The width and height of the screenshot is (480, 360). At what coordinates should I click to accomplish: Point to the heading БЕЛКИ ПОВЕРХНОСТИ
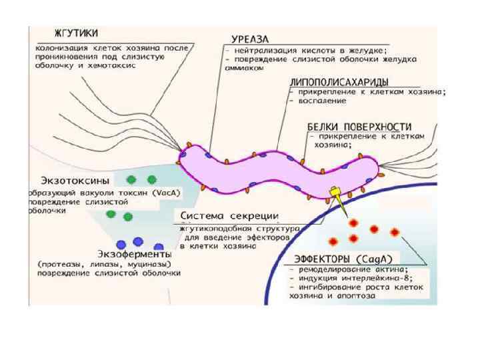tap(359, 125)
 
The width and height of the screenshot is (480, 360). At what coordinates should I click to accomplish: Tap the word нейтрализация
tap(268, 49)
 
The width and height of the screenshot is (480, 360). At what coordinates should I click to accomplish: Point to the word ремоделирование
tap(333, 269)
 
